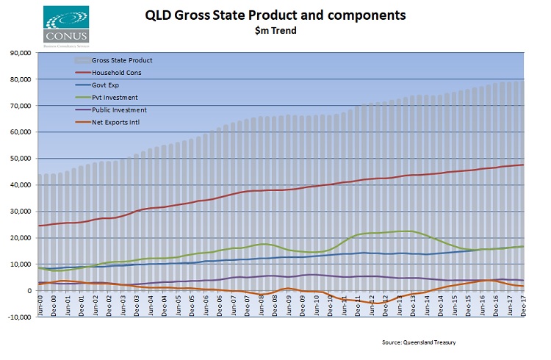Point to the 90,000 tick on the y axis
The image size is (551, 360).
click(18, 53)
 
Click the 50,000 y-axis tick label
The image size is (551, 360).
click(18, 159)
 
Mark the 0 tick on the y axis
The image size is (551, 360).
click(27, 291)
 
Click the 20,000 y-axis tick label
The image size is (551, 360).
click(18, 238)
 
